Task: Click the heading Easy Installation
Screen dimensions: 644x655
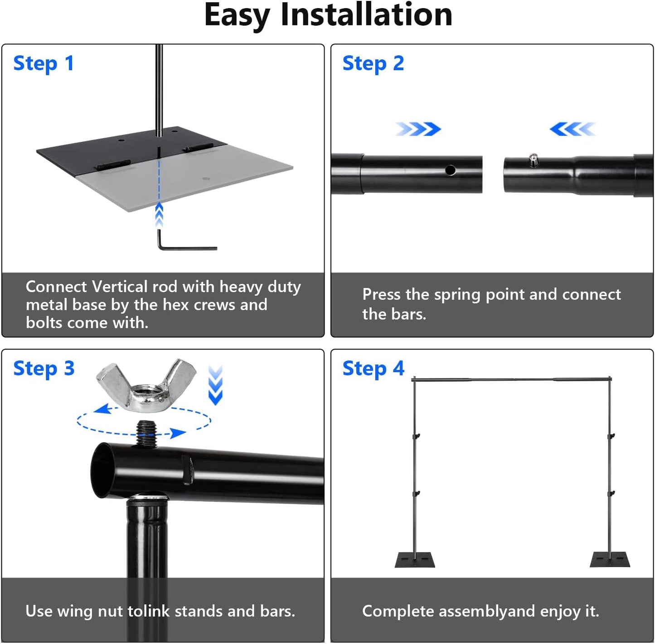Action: coord(328,15)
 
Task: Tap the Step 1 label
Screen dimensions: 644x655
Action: coord(44,63)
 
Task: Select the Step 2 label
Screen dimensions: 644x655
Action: coord(373,63)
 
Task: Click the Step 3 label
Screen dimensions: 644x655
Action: coord(44,369)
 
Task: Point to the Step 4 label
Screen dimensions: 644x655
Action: coord(373,369)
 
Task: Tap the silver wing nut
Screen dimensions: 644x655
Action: coord(146,385)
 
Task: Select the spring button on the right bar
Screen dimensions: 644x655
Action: coord(534,159)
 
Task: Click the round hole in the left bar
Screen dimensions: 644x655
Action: coord(450,170)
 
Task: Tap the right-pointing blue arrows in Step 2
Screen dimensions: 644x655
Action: coord(418,129)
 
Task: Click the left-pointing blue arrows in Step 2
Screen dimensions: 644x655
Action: coord(572,129)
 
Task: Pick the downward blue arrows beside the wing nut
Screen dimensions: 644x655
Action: coord(215,385)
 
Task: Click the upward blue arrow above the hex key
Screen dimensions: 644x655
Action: coord(159,215)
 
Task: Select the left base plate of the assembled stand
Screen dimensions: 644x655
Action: coord(414,560)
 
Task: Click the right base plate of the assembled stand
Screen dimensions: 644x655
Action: coord(610,560)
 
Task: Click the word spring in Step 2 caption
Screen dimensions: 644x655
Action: coord(457,295)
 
